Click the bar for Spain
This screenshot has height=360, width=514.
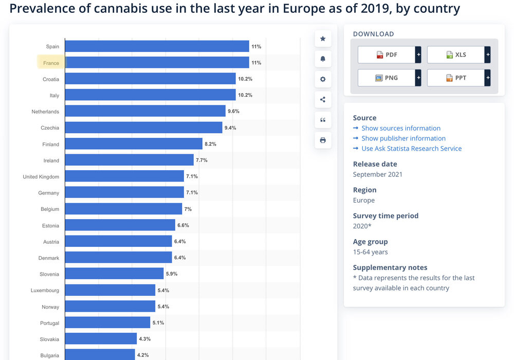tap(157, 46)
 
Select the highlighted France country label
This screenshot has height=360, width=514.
tap(51, 63)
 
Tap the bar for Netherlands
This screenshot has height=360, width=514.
tap(145, 111)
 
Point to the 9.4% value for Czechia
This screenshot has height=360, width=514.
tap(230, 128)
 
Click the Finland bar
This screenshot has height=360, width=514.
tap(134, 144)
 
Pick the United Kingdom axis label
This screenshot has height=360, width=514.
tap(41, 177)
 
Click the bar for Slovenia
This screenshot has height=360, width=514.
tap(114, 274)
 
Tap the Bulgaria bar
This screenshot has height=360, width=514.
tap(100, 355)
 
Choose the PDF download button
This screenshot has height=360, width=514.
tap(387, 55)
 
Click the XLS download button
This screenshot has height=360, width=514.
tap(456, 55)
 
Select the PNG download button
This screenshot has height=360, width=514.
tap(387, 78)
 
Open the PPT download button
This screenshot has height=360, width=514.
tap(456, 78)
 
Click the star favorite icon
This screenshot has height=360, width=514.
tap(323, 39)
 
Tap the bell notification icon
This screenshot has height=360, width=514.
tap(323, 59)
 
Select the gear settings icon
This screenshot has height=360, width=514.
tap(323, 79)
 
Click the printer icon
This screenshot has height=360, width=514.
tap(323, 140)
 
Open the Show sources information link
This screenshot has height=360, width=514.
tap(401, 128)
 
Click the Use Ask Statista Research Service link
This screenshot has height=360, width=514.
tap(411, 149)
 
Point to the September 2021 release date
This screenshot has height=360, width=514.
tap(378, 174)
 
